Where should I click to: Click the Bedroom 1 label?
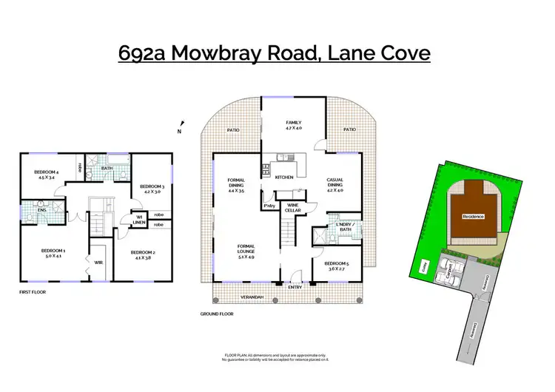tap(53, 252)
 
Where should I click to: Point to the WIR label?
tap(98, 262)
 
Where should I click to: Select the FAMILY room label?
tap(295, 123)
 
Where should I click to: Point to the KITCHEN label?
tap(285, 178)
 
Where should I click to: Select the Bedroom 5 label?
tap(337, 263)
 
